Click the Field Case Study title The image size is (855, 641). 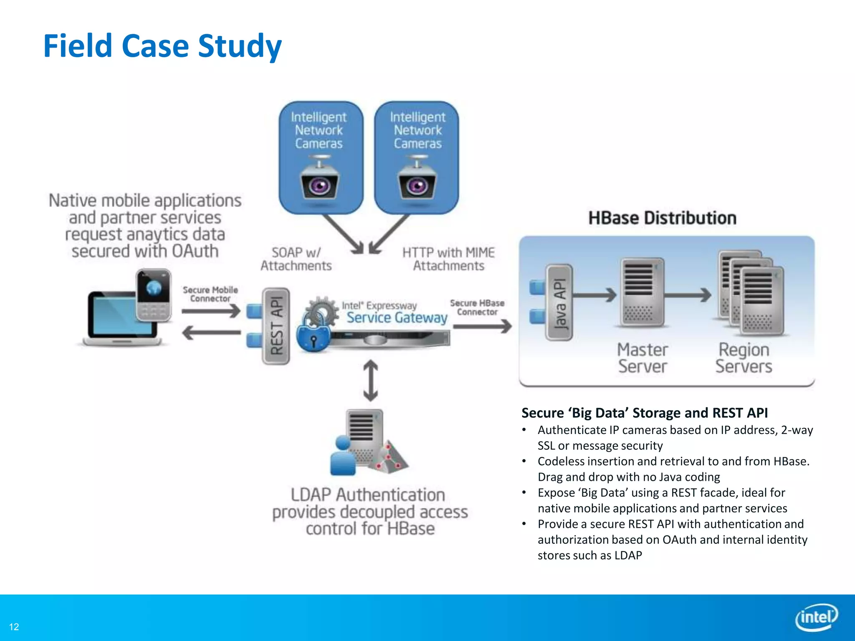pyautogui.click(x=162, y=46)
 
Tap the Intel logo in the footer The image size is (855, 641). pyautogui.click(x=816, y=617)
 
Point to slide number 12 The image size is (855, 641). pyautogui.click(x=14, y=627)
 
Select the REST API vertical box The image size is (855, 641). pyautogui.click(x=276, y=326)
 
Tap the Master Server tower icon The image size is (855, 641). pyautogui.click(x=642, y=292)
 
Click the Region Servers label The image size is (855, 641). pyautogui.click(x=744, y=358)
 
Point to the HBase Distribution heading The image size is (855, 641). pyautogui.click(x=662, y=218)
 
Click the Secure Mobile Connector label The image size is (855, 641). pyautogui.click(x=210, y=294)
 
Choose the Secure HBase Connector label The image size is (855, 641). pyautogui.click(x=477, y=308)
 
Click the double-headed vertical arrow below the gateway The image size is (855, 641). pyautogui.click(x=371, y=381)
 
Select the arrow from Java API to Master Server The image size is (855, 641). pyautogui.click(x=594, y=295)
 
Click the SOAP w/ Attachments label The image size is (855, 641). pyautogui.click(x=296, y=259)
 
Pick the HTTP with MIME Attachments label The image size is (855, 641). pyautogui.click(x=448, y=259)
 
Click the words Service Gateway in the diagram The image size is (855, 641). pyautogui.click(x=397, y=318)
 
